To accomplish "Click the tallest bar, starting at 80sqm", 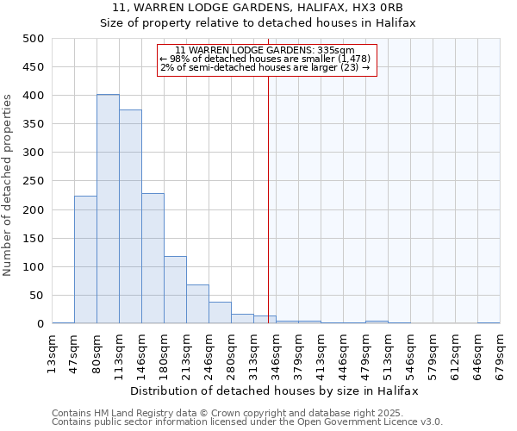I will point(108,209).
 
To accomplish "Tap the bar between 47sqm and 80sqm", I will point(85,259).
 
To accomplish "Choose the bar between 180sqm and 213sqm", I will point(175,290).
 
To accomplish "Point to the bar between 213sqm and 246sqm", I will point(197,304).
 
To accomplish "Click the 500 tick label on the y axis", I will point(33,39).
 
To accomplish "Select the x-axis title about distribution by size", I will point(276,390).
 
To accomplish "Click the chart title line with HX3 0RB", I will point(258,8).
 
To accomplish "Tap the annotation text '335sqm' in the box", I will point(339,51).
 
